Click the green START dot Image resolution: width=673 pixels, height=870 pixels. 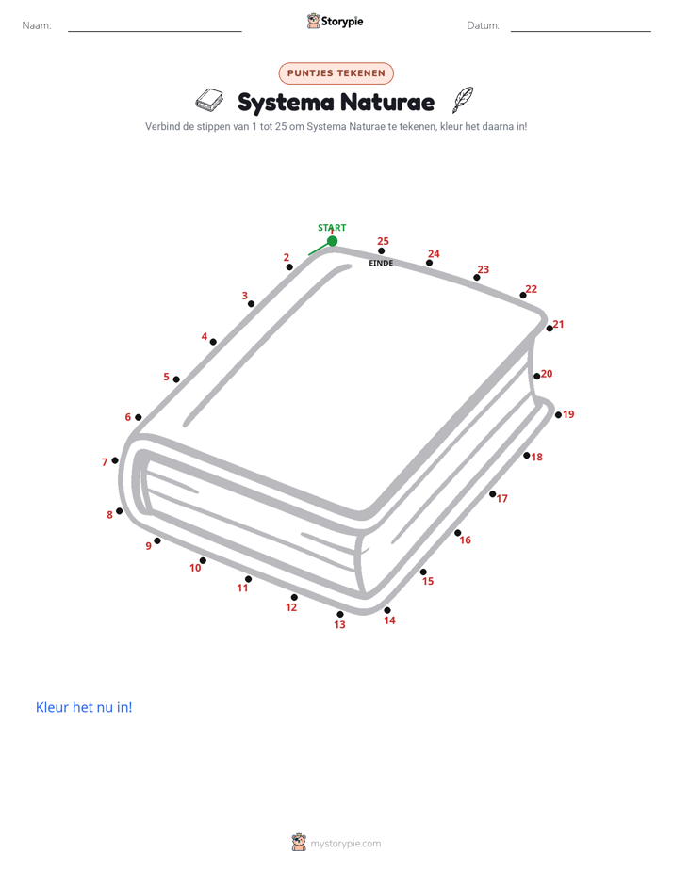pyautogui.click(x=332, y=241)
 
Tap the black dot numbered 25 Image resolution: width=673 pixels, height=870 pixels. pyautogui.click(x=381, y=250)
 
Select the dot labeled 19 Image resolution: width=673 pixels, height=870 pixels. pyautogui.click(x=558, y=414)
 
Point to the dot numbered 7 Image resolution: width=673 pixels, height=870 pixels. pyautogui.click(x=115, y=460)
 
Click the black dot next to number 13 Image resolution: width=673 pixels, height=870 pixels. pyautogui.click(x=340, y=614)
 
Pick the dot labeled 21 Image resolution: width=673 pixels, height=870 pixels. pyautogui.click(x=550, y=328)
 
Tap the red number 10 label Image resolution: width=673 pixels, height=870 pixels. pyautogui.click(x=195, y=568)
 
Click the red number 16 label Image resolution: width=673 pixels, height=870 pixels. pyautogui.click(x=465, y=540)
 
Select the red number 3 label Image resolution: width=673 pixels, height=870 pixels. pyautogui.click(x=244, y=296)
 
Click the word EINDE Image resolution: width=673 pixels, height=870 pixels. pyautogui.click(x=381, y=263)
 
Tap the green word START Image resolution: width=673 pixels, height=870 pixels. pyautogui.click(x=332, y=228)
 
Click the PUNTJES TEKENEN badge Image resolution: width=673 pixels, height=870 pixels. pyautogui.click(x=336, y=73)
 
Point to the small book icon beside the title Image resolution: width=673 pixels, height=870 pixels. pyautogui.click(x=209, y=99)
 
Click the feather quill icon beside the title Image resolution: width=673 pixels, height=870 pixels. pyautogui.click(x=463, y=99)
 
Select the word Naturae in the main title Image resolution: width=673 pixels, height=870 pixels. pyautogui.click(x=387, y=102)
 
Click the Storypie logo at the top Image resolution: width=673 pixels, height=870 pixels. pyautogui.click(x=335, y=21)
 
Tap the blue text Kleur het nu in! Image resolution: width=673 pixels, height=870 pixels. pyautogui.click(x=84, y=707)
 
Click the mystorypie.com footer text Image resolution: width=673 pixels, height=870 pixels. pyautogui.click(x=345, y=844)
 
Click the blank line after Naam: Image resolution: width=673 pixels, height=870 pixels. pyautogui.click(x=155, y=31)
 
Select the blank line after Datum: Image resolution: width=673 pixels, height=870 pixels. pyautogui.click(x=581, y=31)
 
